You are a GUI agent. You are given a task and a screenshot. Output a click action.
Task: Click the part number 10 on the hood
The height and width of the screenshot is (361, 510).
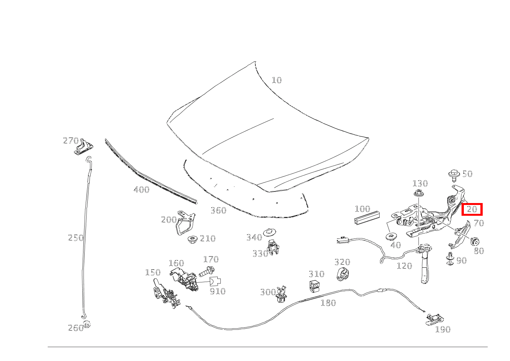point(277,80)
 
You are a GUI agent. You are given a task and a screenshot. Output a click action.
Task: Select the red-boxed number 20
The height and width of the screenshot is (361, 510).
point(472,210)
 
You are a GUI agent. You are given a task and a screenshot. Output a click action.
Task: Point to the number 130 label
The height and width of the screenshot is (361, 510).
point(420,183)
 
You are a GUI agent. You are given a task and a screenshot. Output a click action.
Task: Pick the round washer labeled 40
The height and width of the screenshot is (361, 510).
point(392,236)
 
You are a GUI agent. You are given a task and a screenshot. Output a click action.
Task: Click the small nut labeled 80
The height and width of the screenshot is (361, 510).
point(475,241)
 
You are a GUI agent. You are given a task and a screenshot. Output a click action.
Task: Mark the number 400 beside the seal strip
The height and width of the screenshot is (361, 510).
point(141,190)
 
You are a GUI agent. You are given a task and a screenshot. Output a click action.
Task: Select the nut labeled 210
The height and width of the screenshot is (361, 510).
point(192,240)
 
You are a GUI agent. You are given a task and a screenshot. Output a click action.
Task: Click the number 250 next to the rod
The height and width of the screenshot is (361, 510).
point(76,238)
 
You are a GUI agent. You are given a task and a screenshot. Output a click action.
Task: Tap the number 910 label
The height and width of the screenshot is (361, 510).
point(217,291)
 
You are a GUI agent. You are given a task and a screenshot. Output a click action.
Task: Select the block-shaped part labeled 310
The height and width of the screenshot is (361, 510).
point(315,287)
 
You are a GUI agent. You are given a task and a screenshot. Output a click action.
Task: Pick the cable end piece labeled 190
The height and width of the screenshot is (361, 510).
point(434,319)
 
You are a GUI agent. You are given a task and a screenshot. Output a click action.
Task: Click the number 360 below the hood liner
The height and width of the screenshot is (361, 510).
point(218,210)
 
